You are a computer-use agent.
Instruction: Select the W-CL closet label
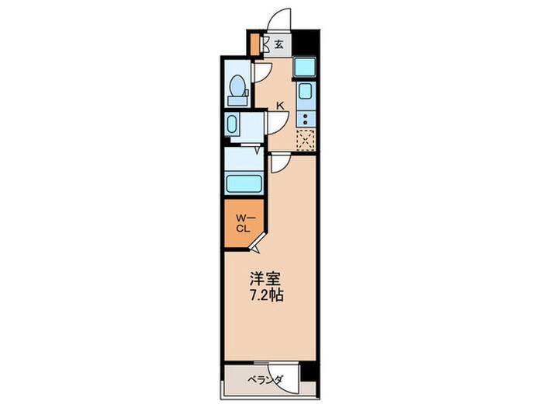242,224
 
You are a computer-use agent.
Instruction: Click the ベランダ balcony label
265,381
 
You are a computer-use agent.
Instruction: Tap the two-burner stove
306,118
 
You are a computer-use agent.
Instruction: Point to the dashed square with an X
306,140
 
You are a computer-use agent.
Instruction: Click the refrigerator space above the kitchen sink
305,68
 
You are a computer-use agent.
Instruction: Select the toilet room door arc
261,71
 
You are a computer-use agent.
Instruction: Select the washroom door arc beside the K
278,122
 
